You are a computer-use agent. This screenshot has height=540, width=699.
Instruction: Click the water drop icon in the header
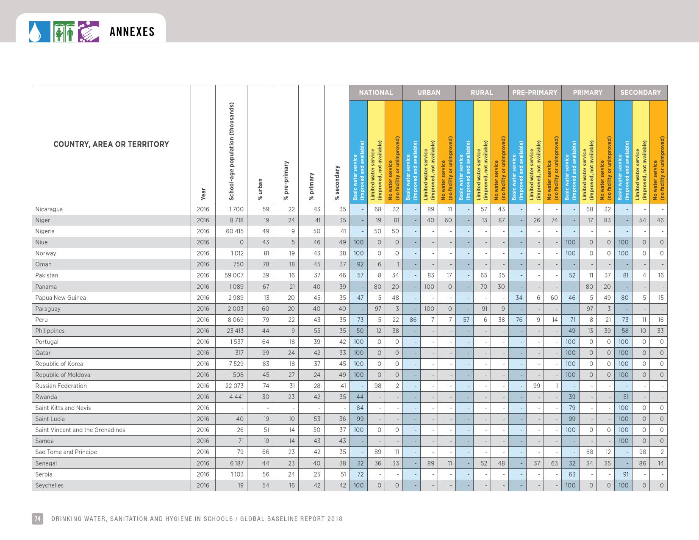coord(36,32)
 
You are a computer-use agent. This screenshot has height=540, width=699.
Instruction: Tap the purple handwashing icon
coord(89,32)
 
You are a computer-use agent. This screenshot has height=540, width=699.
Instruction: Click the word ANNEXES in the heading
coord(132,32)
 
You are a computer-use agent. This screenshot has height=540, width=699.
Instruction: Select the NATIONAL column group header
coord(376,93)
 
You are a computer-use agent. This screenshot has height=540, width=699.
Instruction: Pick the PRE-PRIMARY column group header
coord(535,93)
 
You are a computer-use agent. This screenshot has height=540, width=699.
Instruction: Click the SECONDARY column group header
coord(641,93)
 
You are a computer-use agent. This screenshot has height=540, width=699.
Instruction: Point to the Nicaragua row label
coord(49,209)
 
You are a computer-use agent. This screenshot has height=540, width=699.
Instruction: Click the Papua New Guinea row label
coord(61,298)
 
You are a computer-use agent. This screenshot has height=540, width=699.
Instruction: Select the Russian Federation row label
coord(61,386)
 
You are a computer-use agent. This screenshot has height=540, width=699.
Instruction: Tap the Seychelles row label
coord(50,485)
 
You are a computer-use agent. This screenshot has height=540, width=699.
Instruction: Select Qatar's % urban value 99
coord(265,353)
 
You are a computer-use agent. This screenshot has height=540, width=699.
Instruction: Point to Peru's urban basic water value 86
coord(413,320)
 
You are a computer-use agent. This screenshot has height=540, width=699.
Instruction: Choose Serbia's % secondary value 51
coord(343,474)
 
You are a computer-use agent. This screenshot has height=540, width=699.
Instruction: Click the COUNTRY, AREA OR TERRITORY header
coord(111,144)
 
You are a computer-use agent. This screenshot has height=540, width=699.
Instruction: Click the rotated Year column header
coord(203,194)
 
